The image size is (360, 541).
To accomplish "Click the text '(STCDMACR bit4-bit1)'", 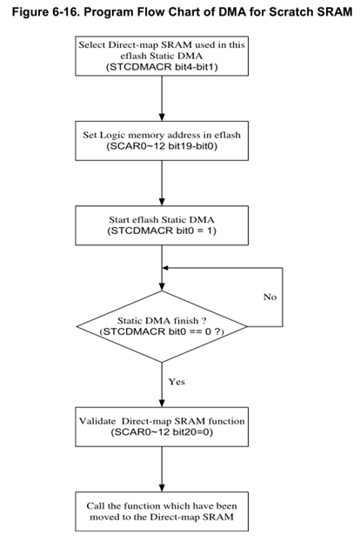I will tap(163, 67).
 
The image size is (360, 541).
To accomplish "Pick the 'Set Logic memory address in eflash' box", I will tap(163, 140).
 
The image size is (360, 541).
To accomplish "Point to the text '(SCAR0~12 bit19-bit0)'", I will tap(163, 146).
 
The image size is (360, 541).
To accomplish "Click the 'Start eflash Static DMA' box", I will tap(163, 225).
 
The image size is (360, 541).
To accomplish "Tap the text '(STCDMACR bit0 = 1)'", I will tap(163, 232).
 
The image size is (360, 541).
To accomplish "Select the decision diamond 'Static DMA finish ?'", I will tap(163, 326).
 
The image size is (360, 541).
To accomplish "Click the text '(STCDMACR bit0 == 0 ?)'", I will tap(163, 332).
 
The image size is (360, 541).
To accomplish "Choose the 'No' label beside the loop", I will tap(270, 297).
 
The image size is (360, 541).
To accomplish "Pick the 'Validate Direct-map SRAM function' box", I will tap(163, 426).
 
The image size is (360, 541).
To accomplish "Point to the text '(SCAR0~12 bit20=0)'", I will tap(163, 432).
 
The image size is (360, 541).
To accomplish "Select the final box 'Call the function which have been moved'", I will tap(163, 512).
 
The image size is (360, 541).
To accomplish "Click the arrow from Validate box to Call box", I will tap(163, 470).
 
